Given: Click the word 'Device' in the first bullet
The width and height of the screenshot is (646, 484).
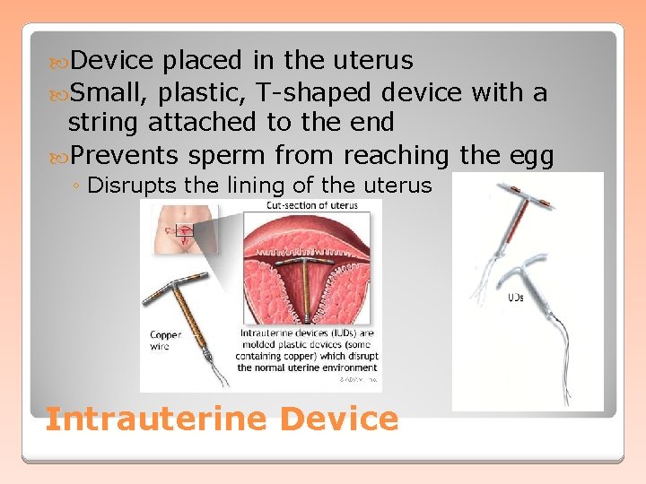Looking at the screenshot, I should click(112, 61).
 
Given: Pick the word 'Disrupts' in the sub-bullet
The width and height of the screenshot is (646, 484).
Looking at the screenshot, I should click(126, 186).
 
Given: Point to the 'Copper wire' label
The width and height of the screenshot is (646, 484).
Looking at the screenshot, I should click(166, 341).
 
